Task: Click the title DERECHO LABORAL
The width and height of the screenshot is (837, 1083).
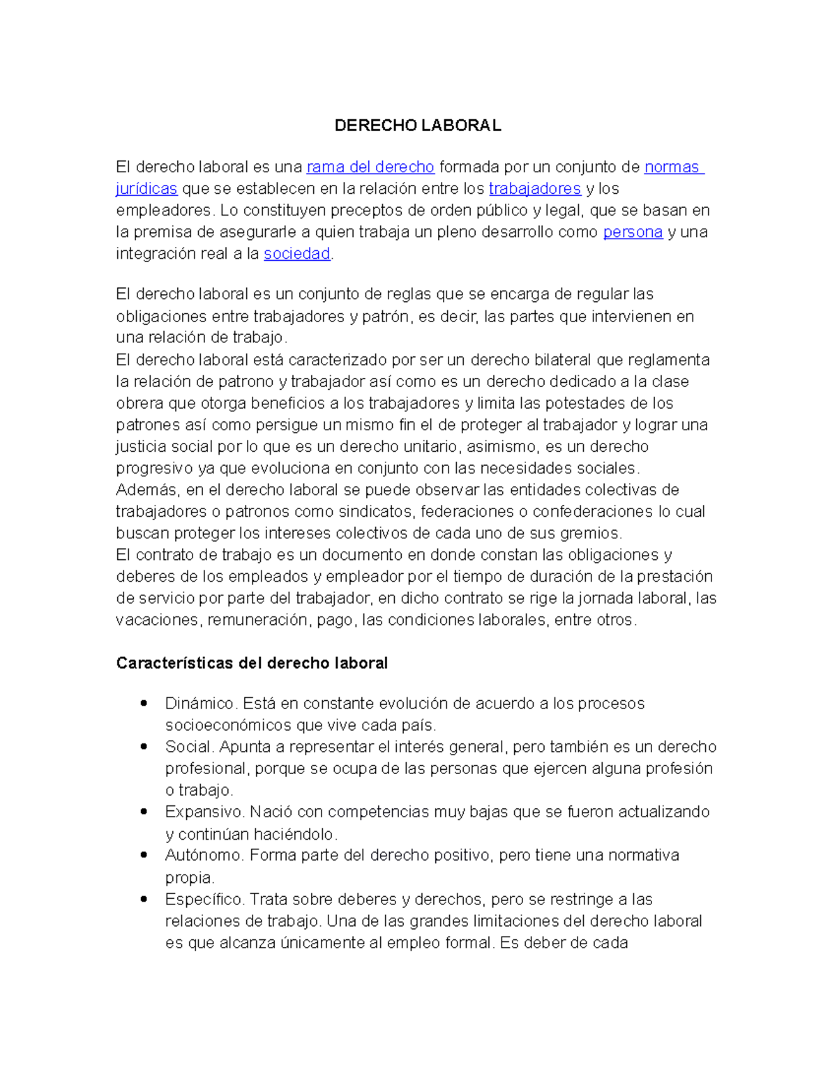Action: (417, 126)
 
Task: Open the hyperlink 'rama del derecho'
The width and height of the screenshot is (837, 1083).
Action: (370, 167)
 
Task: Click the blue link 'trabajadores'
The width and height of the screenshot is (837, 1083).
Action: (534, 189)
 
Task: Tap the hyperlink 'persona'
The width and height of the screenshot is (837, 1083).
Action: (632, 232)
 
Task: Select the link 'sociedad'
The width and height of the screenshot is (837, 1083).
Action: (296, 254)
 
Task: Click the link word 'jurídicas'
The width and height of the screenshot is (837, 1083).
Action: (146, 189)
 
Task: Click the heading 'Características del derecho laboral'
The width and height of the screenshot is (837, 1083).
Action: (252, 663)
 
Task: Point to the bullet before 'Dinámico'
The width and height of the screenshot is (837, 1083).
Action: (144, 703)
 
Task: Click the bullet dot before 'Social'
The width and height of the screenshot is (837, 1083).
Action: (144, 746)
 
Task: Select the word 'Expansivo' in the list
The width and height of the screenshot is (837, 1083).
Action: (204, 812)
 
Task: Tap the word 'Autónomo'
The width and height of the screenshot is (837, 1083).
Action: (204, 855)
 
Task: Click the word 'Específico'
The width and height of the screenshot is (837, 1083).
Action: (204, 899)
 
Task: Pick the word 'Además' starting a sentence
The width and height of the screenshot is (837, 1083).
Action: (148, 490)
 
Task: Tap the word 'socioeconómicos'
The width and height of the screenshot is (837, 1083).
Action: (228, 725)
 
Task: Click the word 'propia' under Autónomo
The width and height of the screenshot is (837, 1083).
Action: (188, 877)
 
